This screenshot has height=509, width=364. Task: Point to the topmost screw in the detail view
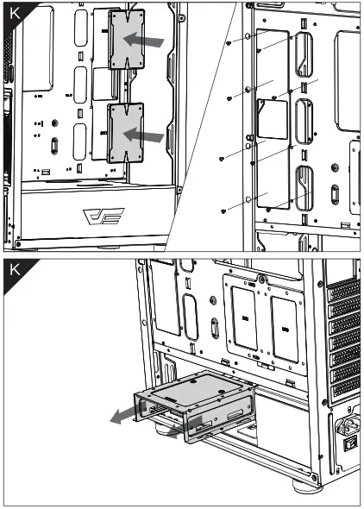coord(228,42)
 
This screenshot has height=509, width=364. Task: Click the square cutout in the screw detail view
coord(273,118)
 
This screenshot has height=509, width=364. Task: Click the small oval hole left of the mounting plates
coord(212,330)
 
